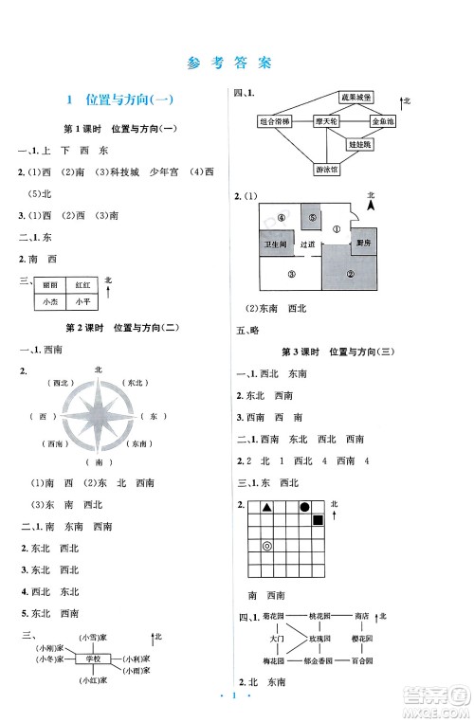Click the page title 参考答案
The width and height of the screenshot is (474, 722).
[237, 63]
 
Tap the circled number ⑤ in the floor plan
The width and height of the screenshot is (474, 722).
[312, 218]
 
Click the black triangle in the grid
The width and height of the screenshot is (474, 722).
[267, 507]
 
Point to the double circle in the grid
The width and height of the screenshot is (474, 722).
[267, 546]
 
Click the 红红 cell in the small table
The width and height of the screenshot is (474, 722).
[80, 284]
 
